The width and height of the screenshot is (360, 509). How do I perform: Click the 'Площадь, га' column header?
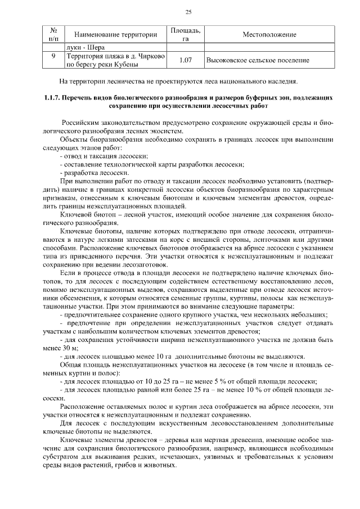point(185,34)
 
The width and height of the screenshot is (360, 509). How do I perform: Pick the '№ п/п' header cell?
point(53,34)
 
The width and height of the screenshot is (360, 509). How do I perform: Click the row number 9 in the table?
point(53,57)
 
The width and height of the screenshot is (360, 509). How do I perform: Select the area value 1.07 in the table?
point(185,60)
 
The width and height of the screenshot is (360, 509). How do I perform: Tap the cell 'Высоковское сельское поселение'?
point(258,60)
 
